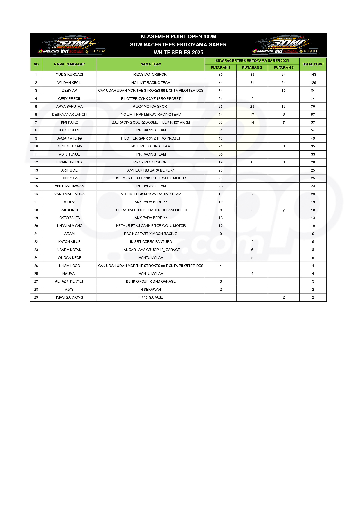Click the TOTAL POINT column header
coord(313,64)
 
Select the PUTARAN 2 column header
coord(252,68)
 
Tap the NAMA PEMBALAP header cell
coord(69,64)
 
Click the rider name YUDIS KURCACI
coord(69,75)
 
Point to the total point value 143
coord(313,75)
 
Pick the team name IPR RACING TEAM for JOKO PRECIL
coord(151,130)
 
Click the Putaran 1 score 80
coord(221,75)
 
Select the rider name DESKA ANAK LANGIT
coord(69,115)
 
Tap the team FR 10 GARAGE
coord(151,297)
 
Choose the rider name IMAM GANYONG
coord(69,297)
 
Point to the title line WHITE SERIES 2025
coord(178,53)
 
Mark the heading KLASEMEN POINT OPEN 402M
coord(178,37)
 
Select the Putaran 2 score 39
coord(252,75)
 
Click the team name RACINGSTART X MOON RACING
coord(151,234)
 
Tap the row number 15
coord(36,186)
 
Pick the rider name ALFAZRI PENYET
coord(69,281)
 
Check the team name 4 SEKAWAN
coord(151,290)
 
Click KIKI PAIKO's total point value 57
coord(313,122)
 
